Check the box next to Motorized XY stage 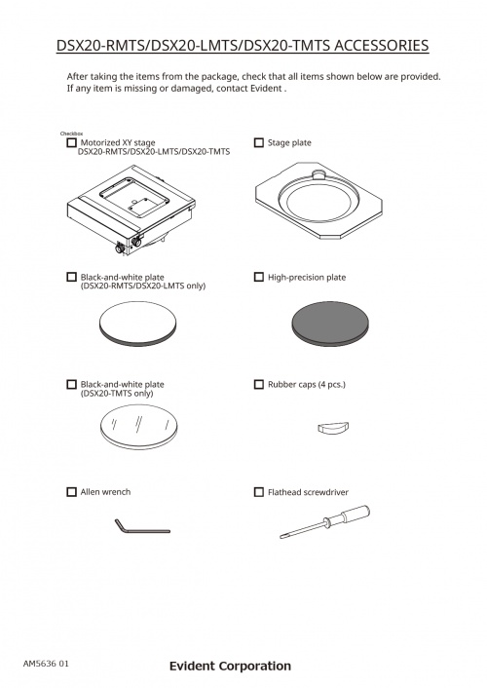click(x=71, y=142)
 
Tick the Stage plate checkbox click(x=259, y=142)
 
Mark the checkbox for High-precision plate click(x=259, y=277)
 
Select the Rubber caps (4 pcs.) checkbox click(x=259, y=384)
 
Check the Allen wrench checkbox click(x=71, y=492)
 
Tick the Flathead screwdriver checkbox click(x=259, y=492)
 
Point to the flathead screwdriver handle click(x=351, y=515)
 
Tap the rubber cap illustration click(x=333, y=428)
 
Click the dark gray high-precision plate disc click(x=330, y=324)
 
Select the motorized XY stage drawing click(x=131, y=210)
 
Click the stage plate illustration click(x=318, y=201)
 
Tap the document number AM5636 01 click(x=46, y=664)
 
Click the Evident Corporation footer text click(x=230, y=666)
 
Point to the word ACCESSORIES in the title click(x=381, y=46)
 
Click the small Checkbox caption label click(x=71, y=134)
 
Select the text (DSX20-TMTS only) click(x=117, y=394)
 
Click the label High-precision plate click(x=307, y=278)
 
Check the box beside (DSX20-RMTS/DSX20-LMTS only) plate click(x=71, y=277)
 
